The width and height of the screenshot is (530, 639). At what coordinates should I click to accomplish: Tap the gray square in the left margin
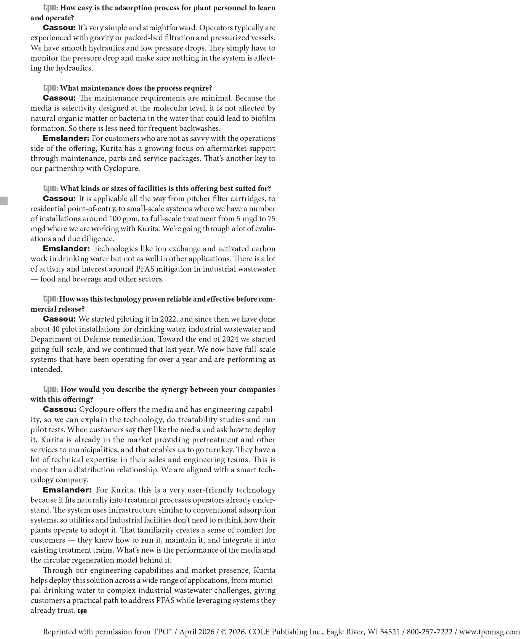(4, 201)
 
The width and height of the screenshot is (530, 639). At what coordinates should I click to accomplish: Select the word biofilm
(263, 118)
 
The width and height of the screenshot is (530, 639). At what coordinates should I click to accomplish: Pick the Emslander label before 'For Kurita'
(67, 490)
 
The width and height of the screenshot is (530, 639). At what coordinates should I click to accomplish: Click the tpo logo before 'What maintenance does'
(50, 88)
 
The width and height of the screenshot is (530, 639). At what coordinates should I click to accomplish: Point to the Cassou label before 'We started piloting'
(59, 319)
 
